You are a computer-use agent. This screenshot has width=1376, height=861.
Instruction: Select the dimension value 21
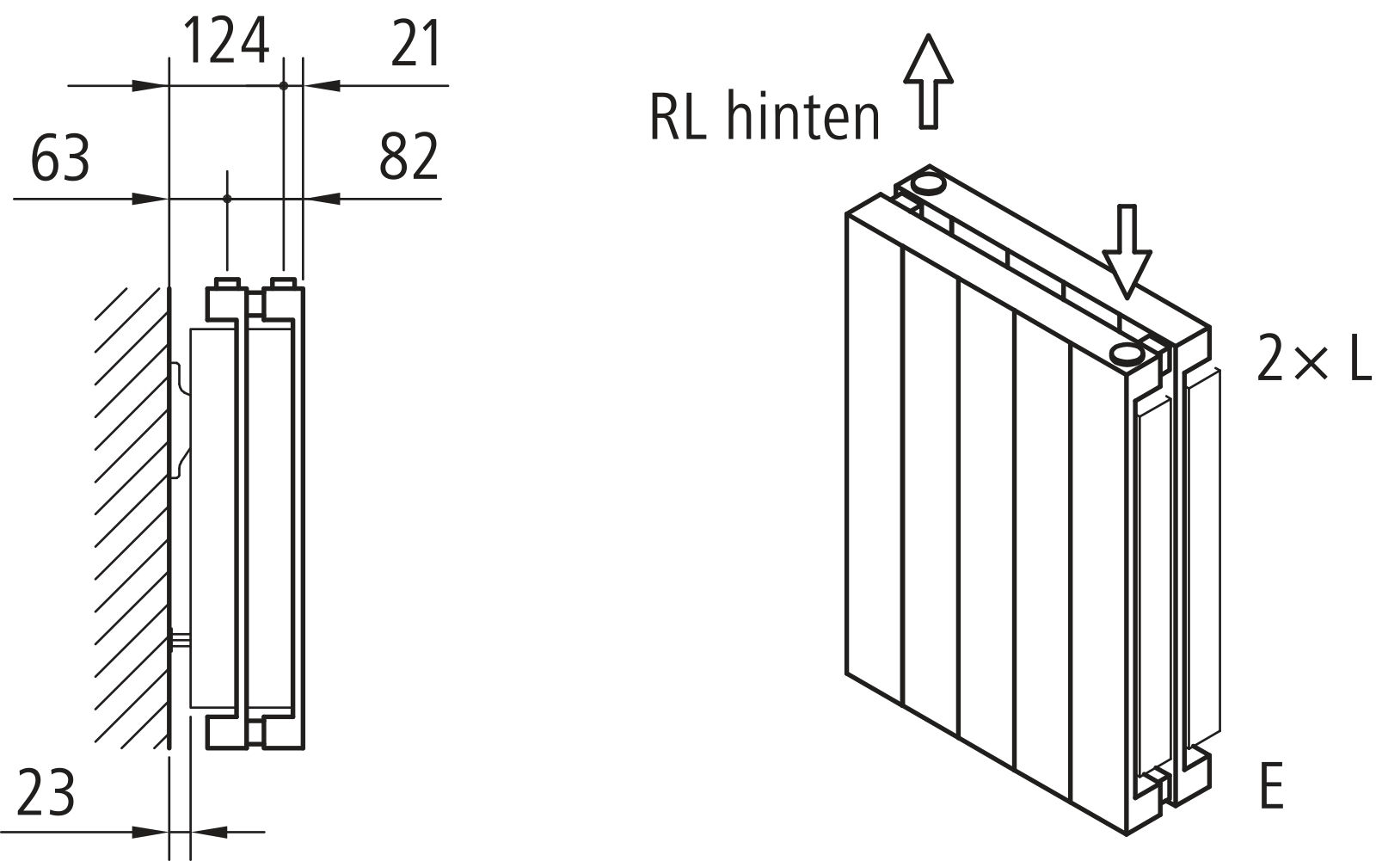point(416,45)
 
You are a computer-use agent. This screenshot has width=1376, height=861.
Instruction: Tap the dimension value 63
point(60,158)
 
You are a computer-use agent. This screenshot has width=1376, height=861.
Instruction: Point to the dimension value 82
point(408,157)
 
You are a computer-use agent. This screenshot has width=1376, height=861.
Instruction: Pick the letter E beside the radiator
point(1271,785)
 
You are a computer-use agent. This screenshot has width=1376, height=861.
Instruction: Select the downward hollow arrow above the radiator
point(1126,252)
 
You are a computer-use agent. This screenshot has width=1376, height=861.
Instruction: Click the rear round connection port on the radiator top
point(927,182)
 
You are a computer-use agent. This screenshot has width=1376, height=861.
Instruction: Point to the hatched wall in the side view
point(129,516)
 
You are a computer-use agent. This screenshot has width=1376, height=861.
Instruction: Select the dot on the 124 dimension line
point(283,85)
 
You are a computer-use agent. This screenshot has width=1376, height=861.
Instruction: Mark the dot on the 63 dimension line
point(227,199)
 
